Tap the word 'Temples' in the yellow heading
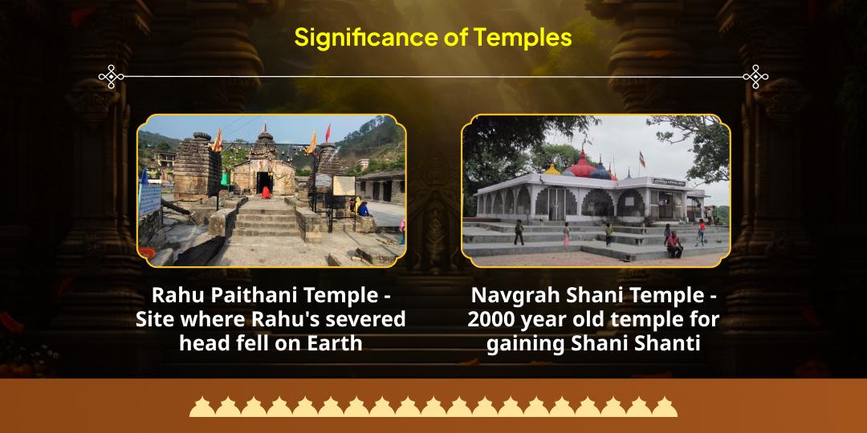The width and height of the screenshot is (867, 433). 523,37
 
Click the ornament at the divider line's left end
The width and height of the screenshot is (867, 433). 111,77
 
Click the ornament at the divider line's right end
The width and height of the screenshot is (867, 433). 755,77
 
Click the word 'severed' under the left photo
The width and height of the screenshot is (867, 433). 368,319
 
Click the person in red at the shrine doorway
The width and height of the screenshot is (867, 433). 266,192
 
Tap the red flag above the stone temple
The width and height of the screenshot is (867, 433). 328,132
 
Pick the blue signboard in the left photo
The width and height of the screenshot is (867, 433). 149,198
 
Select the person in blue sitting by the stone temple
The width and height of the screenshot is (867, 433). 364,208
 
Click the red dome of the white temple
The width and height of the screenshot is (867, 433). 582,164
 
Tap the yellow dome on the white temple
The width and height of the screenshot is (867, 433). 552,169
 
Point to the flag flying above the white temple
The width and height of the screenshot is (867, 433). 642,159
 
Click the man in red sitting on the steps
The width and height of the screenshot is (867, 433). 674,245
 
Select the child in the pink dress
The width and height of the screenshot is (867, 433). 566,234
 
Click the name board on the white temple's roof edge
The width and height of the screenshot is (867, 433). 669,182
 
